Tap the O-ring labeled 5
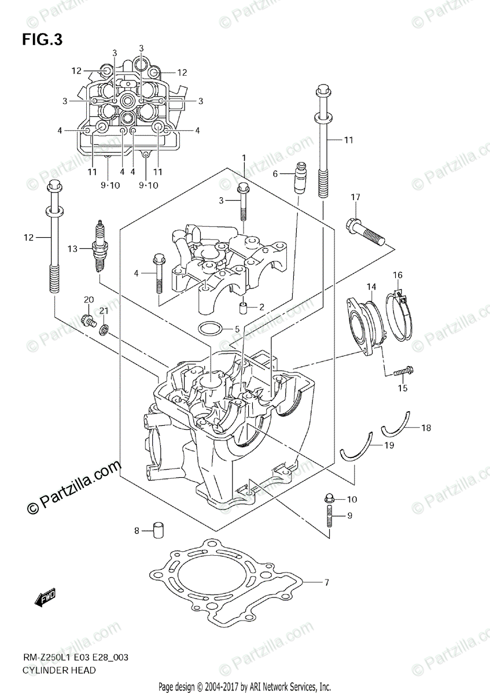tap(210, 330)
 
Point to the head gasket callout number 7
tap(326, 582)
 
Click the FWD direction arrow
tap(45, 600)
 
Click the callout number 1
tap(244, 157)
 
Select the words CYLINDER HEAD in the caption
tap(59, 670)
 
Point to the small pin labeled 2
tap(244, 307)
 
